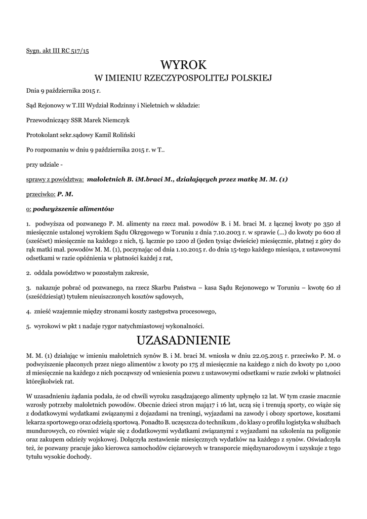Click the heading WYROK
point(183,65)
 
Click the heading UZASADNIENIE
point(183,339)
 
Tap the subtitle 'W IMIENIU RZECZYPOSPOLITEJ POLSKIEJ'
point(184,78)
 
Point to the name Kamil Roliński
point(116,135)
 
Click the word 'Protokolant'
point(42,135)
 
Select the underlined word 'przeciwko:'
point(40,194)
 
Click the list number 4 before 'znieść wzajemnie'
point(28,311)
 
